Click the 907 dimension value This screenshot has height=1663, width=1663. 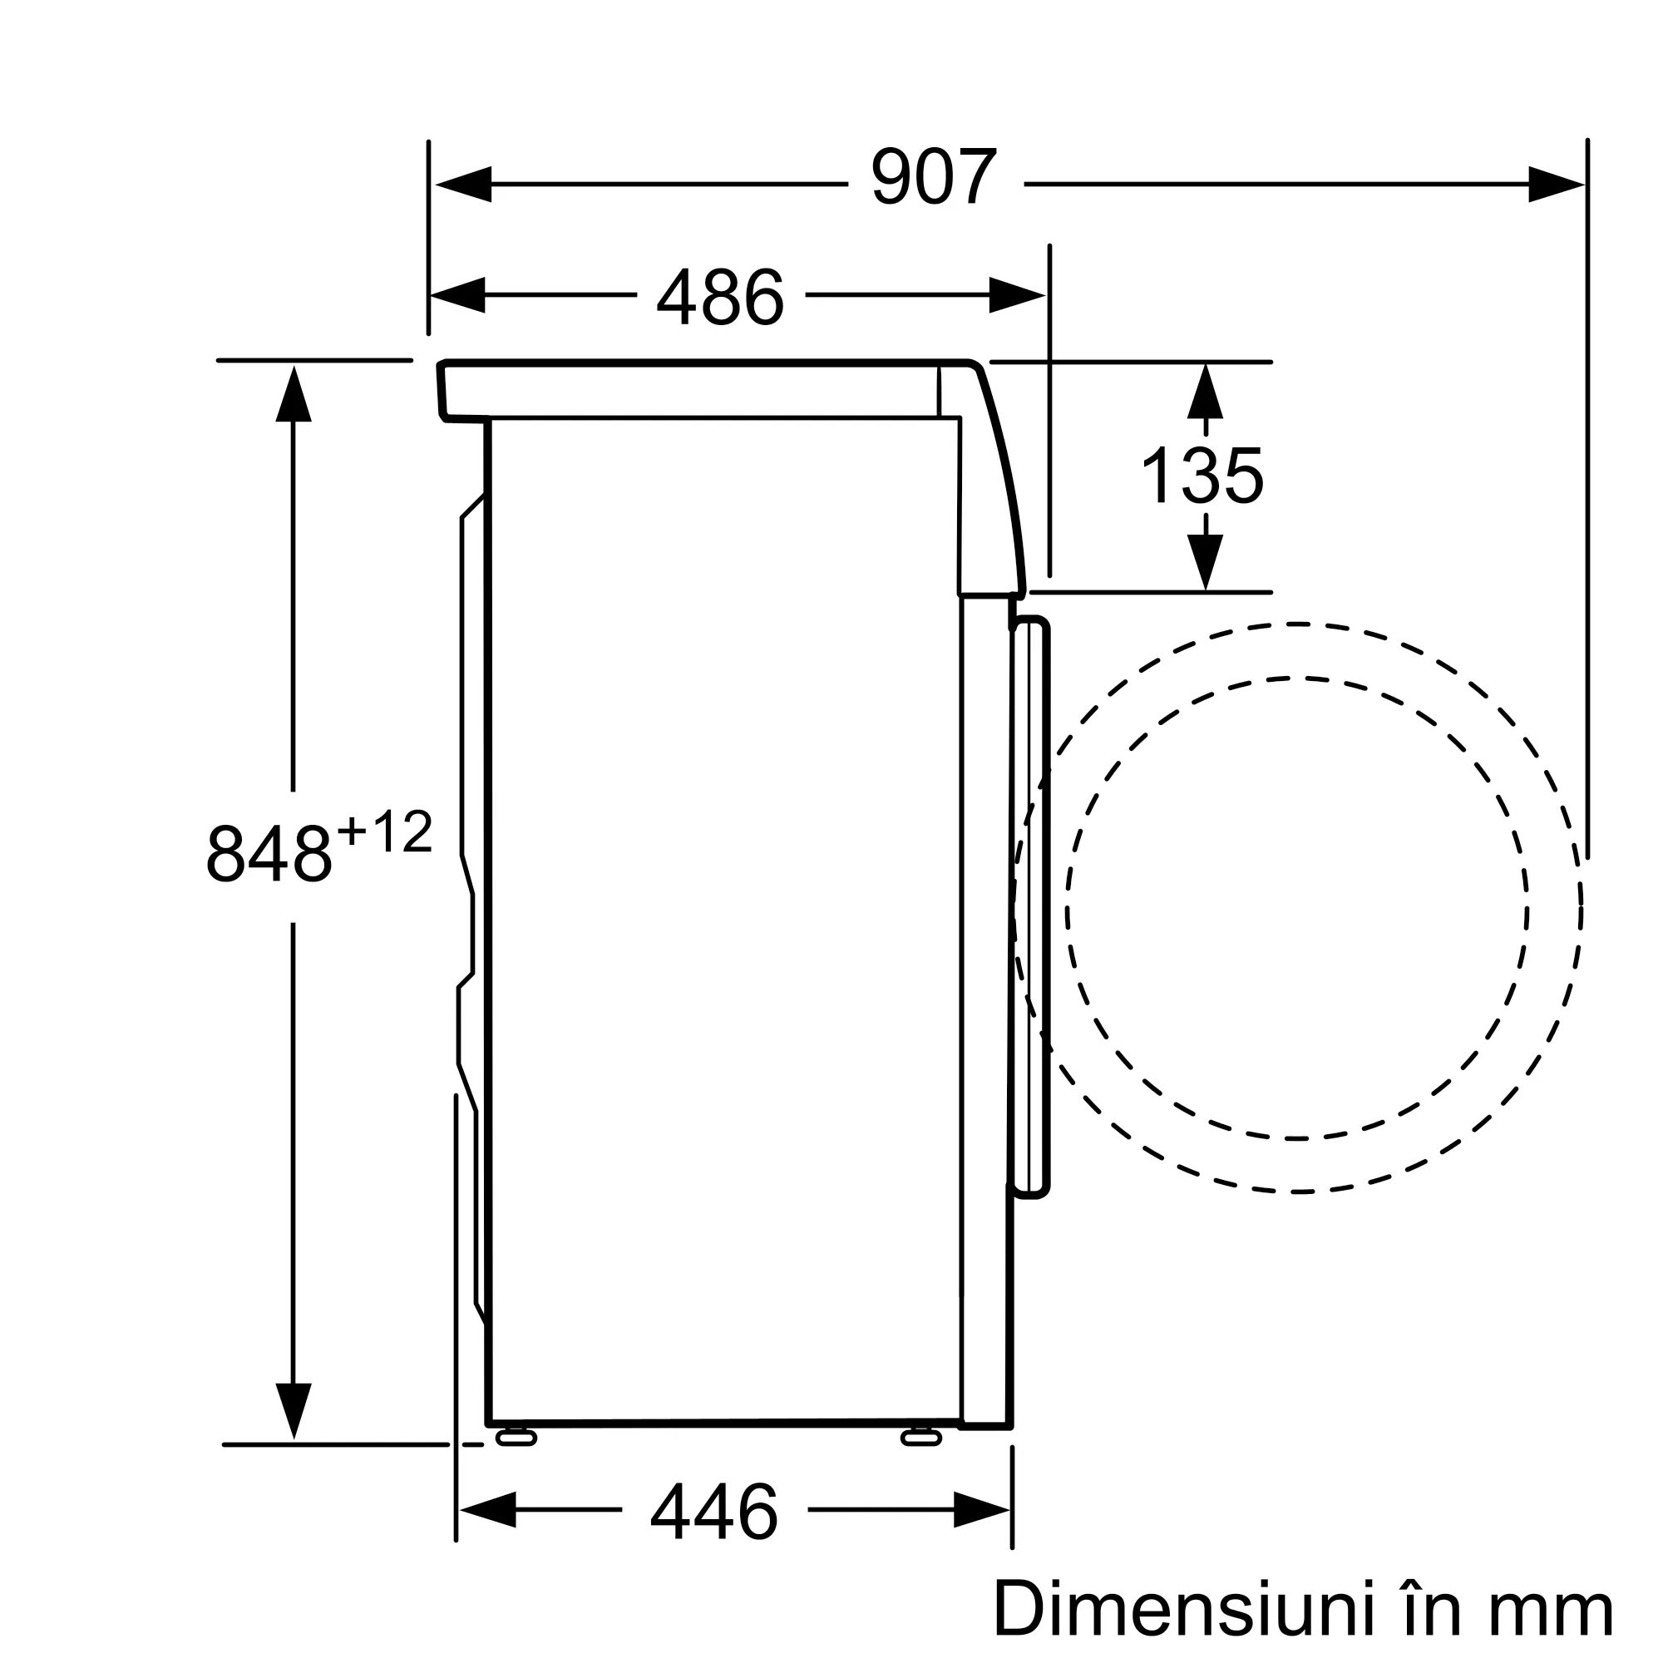[x=934, y=177]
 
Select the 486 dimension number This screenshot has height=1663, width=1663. [x=720, y=296]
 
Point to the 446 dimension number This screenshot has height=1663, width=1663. [x=714, y=1512]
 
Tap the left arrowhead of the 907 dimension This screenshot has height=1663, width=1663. [x=463, y=185]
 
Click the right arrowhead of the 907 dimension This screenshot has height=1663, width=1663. [x=1557, y=185]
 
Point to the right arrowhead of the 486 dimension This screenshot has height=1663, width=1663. [x=1018, y=295]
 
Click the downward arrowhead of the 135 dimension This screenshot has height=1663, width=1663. [x=1205, y=562]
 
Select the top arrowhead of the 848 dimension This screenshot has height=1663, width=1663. [x=294, y=393]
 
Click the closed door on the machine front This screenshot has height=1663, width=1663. [x=1030, y=907]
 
